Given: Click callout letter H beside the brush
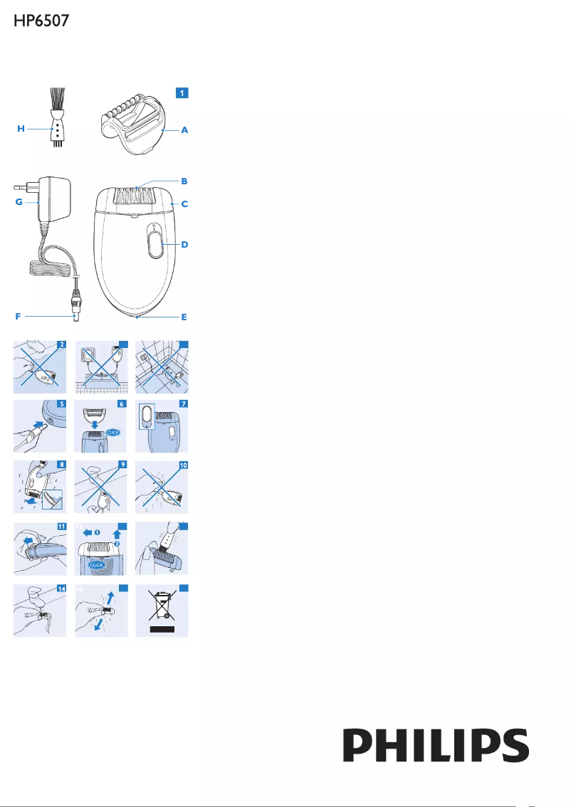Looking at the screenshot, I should (21, 129).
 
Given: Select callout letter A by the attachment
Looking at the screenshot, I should (184, 131).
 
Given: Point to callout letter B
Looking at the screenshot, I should (184, 181).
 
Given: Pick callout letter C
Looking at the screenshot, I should (184, 204).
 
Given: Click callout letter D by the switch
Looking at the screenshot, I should (184, 244).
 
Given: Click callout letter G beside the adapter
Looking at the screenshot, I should (20, 202).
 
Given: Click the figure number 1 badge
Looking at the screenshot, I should (183, 93).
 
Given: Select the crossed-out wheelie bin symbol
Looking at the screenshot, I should (163, 609).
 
